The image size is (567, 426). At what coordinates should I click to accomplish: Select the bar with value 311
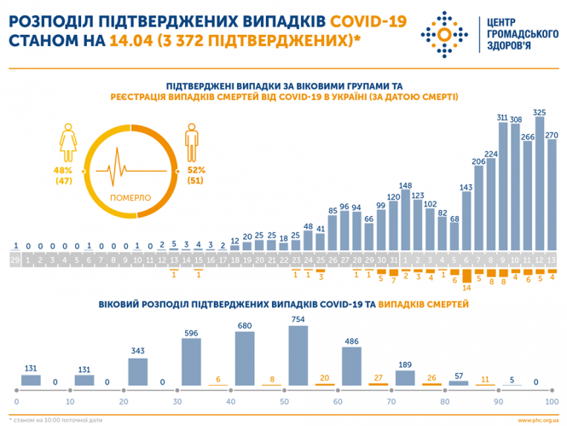point(501,186)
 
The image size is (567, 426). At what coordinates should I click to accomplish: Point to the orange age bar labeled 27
point(379,385)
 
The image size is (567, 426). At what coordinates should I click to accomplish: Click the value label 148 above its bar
point(406,185)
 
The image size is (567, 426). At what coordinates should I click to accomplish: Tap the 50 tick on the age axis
point(285,400)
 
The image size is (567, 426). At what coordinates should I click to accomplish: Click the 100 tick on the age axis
point(552,400)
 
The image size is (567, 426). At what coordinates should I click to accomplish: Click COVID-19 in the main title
point(356,19)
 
